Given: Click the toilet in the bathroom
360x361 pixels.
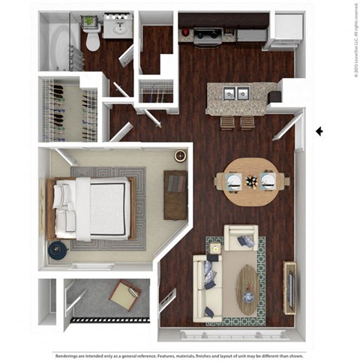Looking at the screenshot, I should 93,40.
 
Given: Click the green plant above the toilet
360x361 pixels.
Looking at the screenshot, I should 89,21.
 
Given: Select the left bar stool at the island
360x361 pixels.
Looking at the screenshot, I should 227,122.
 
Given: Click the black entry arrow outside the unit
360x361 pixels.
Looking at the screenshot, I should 319,131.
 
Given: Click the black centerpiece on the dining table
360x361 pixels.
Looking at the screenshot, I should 250,180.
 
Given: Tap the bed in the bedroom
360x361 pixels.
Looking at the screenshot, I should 90,208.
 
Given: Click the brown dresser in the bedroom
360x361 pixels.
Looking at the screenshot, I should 175,194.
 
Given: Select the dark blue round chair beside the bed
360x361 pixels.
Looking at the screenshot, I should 56,250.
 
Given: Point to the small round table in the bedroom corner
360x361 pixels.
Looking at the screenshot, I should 180,155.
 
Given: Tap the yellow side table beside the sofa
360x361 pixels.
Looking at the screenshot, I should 215,248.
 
